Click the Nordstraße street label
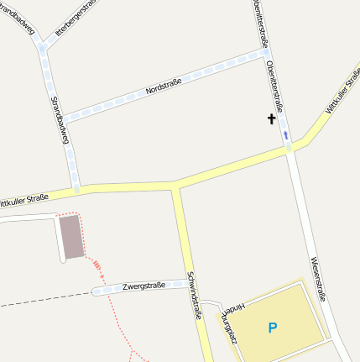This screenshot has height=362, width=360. coord(163,86)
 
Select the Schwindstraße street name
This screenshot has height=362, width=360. coord(195,296)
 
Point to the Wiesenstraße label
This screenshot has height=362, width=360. coord(317,278)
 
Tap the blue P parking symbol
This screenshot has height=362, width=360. coord(272,327)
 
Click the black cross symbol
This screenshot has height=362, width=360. coord(271,120)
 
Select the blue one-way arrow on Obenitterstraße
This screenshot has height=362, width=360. coord(286,134)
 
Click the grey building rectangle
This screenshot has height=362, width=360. coord(71,236)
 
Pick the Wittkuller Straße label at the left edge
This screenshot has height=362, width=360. coord(23,200)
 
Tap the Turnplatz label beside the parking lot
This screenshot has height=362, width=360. coord(228,330)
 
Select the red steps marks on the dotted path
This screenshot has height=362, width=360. coord(98,267)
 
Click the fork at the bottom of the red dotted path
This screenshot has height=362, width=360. coord(131,354)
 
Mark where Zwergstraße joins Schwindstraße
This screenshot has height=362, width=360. coord(186,283)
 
